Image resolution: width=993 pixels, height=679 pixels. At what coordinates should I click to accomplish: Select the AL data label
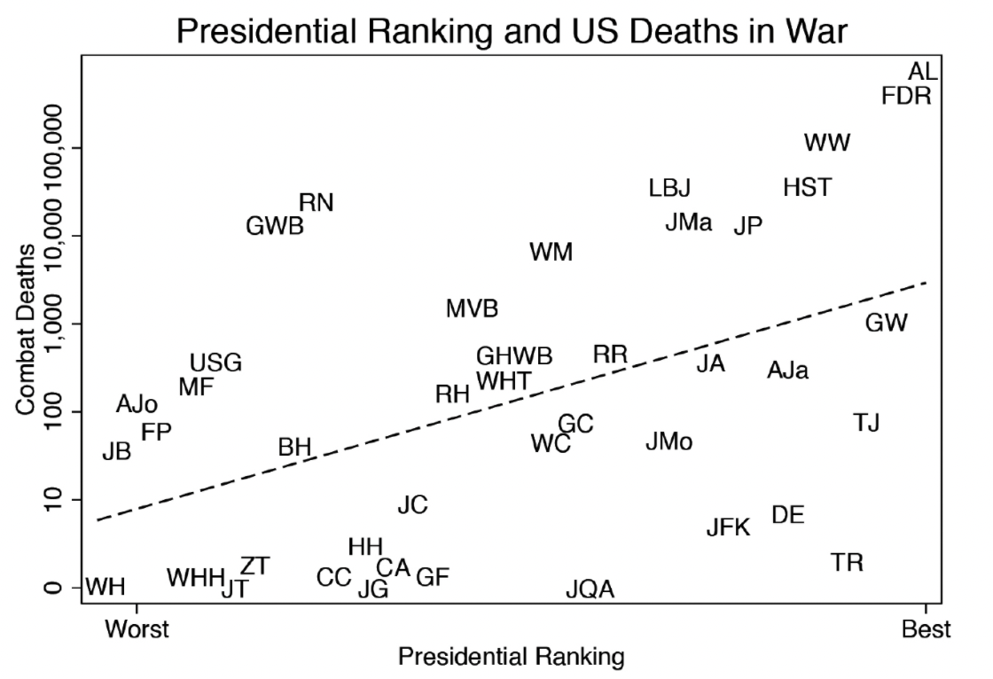point(923,73)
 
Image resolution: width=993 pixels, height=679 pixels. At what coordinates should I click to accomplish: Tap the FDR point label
point(906,96)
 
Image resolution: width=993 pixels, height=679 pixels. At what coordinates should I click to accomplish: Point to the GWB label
point(275,226)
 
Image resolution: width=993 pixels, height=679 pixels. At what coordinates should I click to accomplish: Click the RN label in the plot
point(316,203)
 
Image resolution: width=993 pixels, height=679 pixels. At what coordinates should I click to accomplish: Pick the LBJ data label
point(669,188)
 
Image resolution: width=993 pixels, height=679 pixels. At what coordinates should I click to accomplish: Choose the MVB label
point(472,308)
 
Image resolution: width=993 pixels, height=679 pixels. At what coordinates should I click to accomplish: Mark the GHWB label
point(514,356)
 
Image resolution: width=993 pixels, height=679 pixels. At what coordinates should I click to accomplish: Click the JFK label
point(728,528)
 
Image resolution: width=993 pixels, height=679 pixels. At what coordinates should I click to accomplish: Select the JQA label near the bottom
point(590,589)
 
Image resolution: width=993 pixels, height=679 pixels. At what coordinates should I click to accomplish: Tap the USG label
point(215,363)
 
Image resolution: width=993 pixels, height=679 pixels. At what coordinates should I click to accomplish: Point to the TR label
point(847,562)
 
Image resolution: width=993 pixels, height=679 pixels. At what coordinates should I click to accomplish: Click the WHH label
point(195,578)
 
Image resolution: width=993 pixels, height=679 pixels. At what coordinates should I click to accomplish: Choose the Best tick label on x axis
point(926,629)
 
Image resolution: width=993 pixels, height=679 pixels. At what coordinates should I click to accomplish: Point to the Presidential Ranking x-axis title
point(511,658)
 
